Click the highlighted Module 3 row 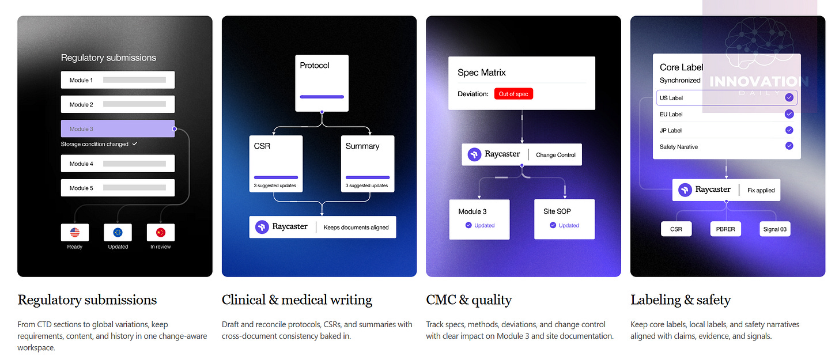(118, 129)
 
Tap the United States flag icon (75, 233)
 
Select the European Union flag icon (118, 233)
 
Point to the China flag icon (161, 233)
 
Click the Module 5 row (118, 188)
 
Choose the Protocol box (322, 83)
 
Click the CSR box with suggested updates (276, 164)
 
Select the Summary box (367, 164)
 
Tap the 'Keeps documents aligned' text (356, 228)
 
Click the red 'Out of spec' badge (513, 94)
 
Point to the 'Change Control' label (555, 155)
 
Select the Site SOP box (564, 219)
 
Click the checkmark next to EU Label (789, 114)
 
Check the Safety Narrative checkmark (789, 146)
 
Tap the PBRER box (725, 229)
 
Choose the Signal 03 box (774, 229)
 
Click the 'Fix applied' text (761, 190)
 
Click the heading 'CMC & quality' (468, 300)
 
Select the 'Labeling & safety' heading (680, 300)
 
